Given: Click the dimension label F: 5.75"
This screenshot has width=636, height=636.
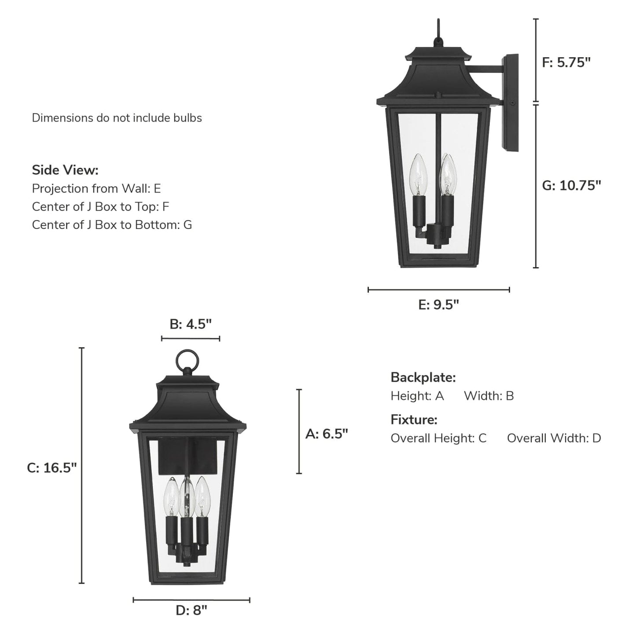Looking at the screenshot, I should tap(566, 62).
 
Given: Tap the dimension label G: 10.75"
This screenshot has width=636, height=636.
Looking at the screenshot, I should tap(571, 186).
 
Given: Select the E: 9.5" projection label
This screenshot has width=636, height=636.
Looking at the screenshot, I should tap(438, 305).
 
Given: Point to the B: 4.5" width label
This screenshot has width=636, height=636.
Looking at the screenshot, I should tap(191, 324).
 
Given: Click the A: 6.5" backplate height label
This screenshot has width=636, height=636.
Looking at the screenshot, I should tap(327, 434).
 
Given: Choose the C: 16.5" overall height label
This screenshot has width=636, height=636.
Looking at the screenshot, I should tap(52, 468).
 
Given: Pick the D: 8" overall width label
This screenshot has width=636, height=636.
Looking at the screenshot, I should tap(191, 610).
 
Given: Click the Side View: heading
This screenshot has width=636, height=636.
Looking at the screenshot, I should tap(65, 170).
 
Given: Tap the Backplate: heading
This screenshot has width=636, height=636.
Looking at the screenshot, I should tap(423, 378).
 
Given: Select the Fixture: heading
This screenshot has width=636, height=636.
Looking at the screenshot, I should tap(414, 420).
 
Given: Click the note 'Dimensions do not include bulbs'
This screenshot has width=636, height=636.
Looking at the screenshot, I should tap(117, 118).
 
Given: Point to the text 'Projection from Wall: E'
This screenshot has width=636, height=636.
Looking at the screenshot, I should tap(96, 189).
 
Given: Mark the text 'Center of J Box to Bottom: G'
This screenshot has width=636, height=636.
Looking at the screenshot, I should tap(112, 225).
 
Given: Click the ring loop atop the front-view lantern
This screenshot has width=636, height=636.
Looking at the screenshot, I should tap(187, 360).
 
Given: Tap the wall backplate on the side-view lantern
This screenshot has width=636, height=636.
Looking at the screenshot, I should tap(511, 103).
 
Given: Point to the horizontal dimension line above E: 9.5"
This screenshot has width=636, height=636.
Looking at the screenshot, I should tap(438, 290).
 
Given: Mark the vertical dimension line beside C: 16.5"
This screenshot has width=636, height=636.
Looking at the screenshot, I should tap(81, 465).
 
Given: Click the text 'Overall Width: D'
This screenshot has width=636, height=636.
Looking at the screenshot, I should tap(554, 438).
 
